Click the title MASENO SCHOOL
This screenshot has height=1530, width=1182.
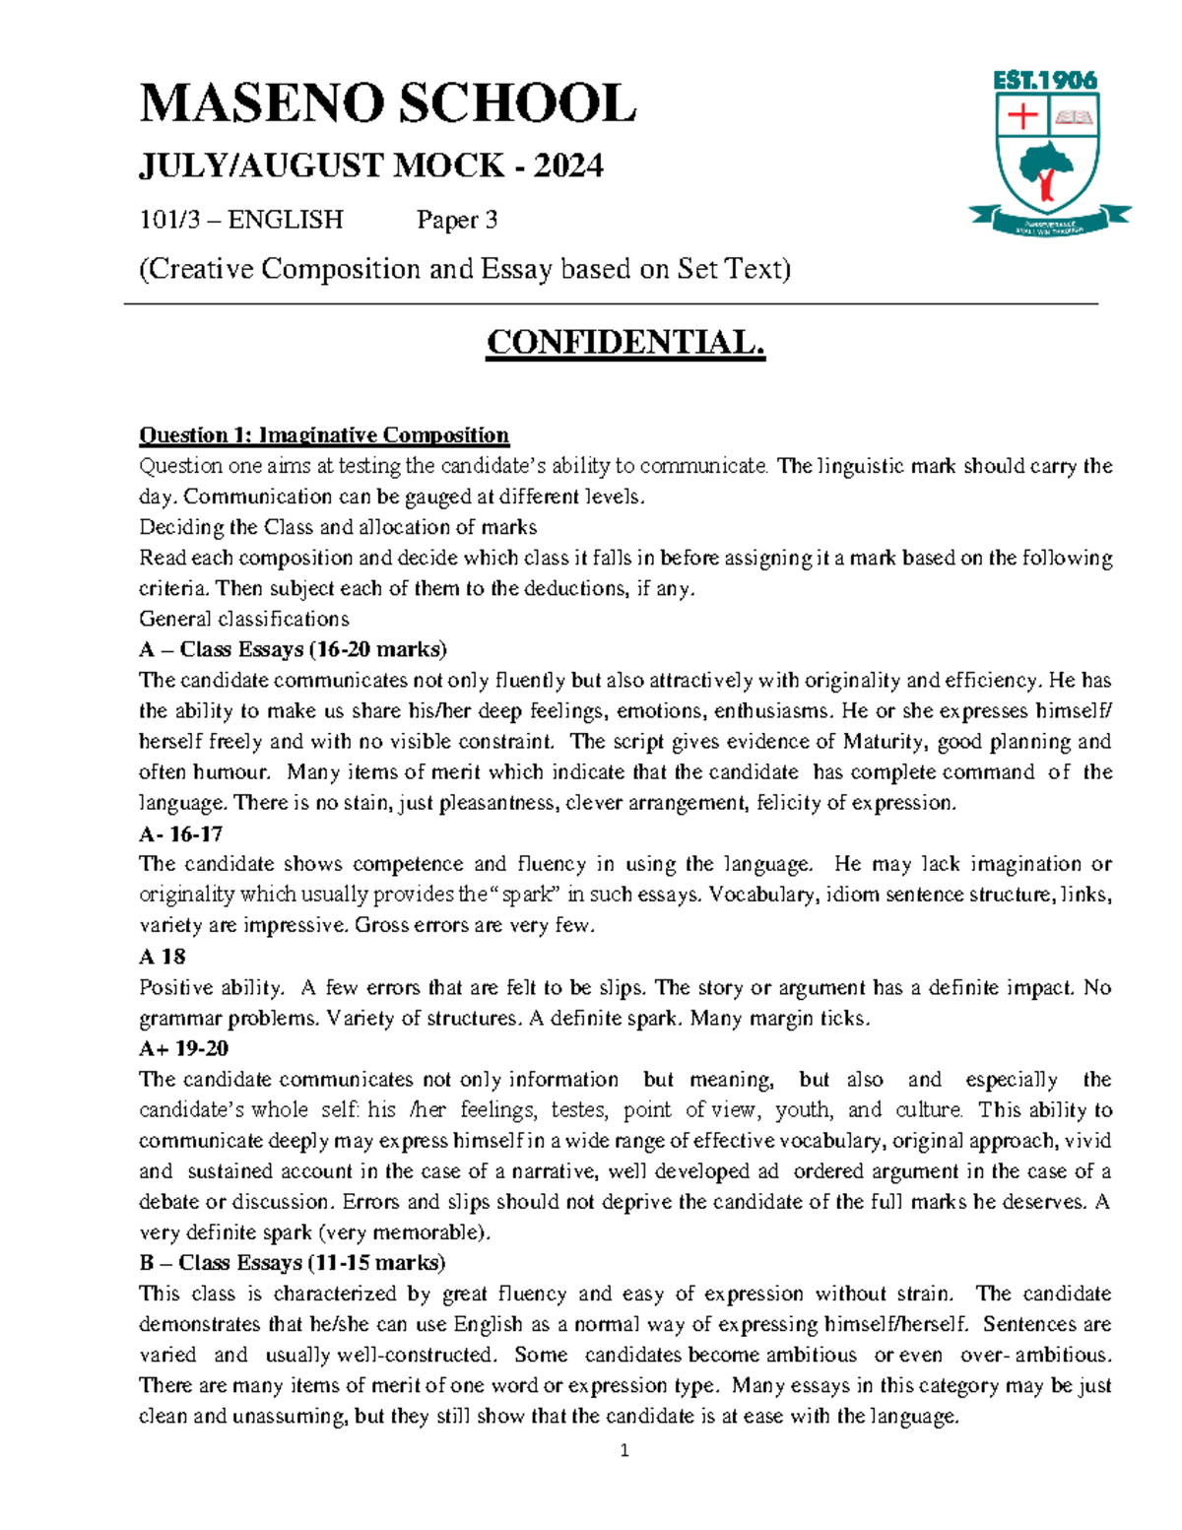click(387, 104)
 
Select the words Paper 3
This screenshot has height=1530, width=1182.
click(457, 219)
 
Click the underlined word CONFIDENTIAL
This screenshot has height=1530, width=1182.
click(624, 343)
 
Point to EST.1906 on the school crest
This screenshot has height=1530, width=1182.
click(1044, 81)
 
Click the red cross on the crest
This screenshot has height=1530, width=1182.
click(1023, 116)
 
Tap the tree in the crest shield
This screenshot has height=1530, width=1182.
click(1046, 168)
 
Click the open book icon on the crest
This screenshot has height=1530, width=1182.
click(1073, 117)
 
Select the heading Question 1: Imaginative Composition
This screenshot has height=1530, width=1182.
click(324, 434)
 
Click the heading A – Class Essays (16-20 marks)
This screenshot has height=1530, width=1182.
click(293, 649)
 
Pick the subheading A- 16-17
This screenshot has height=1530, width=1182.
click(180, 833)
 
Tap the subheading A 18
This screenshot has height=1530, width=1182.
click(162, 957)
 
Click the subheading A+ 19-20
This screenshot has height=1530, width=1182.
click(183, 1048)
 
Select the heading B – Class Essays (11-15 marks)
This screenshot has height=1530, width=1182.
click(292, 1262)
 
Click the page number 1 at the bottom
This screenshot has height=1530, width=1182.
click(624, 1450)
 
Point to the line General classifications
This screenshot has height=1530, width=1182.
click(243, 619)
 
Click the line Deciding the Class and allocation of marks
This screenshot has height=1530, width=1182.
click(338, 526)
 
